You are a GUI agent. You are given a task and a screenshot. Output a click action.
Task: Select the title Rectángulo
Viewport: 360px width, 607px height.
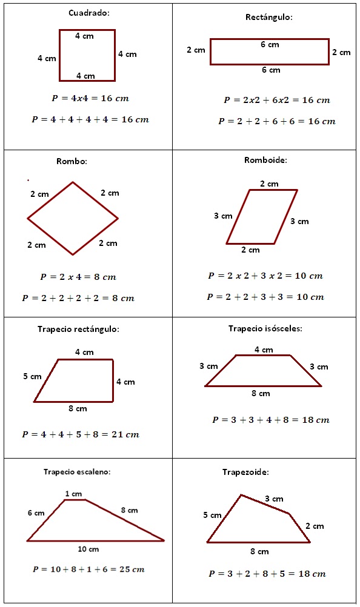(x=268, y=18)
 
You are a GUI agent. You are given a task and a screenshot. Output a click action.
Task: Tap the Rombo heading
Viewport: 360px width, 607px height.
(x=72, y=161)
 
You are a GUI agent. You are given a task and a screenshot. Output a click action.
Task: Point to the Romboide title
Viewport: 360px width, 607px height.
(x=265, y=161)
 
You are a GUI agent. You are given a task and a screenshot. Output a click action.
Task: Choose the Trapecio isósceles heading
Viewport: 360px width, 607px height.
(x=265, y=328)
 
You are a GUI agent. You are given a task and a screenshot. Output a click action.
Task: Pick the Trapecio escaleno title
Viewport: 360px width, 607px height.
(x=76, y=471)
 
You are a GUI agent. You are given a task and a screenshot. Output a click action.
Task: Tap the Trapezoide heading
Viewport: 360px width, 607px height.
(x=245, y=471)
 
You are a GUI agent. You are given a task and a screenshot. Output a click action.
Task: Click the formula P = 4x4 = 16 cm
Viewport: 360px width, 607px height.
(x=90, y=98)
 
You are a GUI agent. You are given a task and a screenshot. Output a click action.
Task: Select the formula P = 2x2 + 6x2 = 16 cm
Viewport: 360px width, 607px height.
(x=276, y=100)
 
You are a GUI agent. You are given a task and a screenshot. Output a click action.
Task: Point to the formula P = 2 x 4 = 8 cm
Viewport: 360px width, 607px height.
(x=78, y=277)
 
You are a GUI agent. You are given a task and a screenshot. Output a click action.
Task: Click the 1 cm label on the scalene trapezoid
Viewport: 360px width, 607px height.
(x=73, y=494)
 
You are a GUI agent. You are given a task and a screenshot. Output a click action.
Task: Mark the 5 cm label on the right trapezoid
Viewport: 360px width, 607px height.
(x=32, y=376)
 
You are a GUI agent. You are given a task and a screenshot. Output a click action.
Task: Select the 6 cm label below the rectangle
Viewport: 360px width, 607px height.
(x=271, y=70)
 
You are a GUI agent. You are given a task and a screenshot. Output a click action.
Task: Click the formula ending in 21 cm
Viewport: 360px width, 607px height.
(x=81, y=434)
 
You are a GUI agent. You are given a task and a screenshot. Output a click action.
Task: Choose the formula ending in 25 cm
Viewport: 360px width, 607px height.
(x=88, y=569)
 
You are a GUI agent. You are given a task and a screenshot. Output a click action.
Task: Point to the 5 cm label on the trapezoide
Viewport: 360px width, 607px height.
(x=212, y=515)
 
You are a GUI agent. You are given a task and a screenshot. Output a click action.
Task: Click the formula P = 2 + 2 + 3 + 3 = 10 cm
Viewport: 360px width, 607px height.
(x=265, y=297)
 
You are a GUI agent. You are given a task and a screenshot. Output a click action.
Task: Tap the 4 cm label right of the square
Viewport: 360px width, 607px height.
(x=127, y=54)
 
